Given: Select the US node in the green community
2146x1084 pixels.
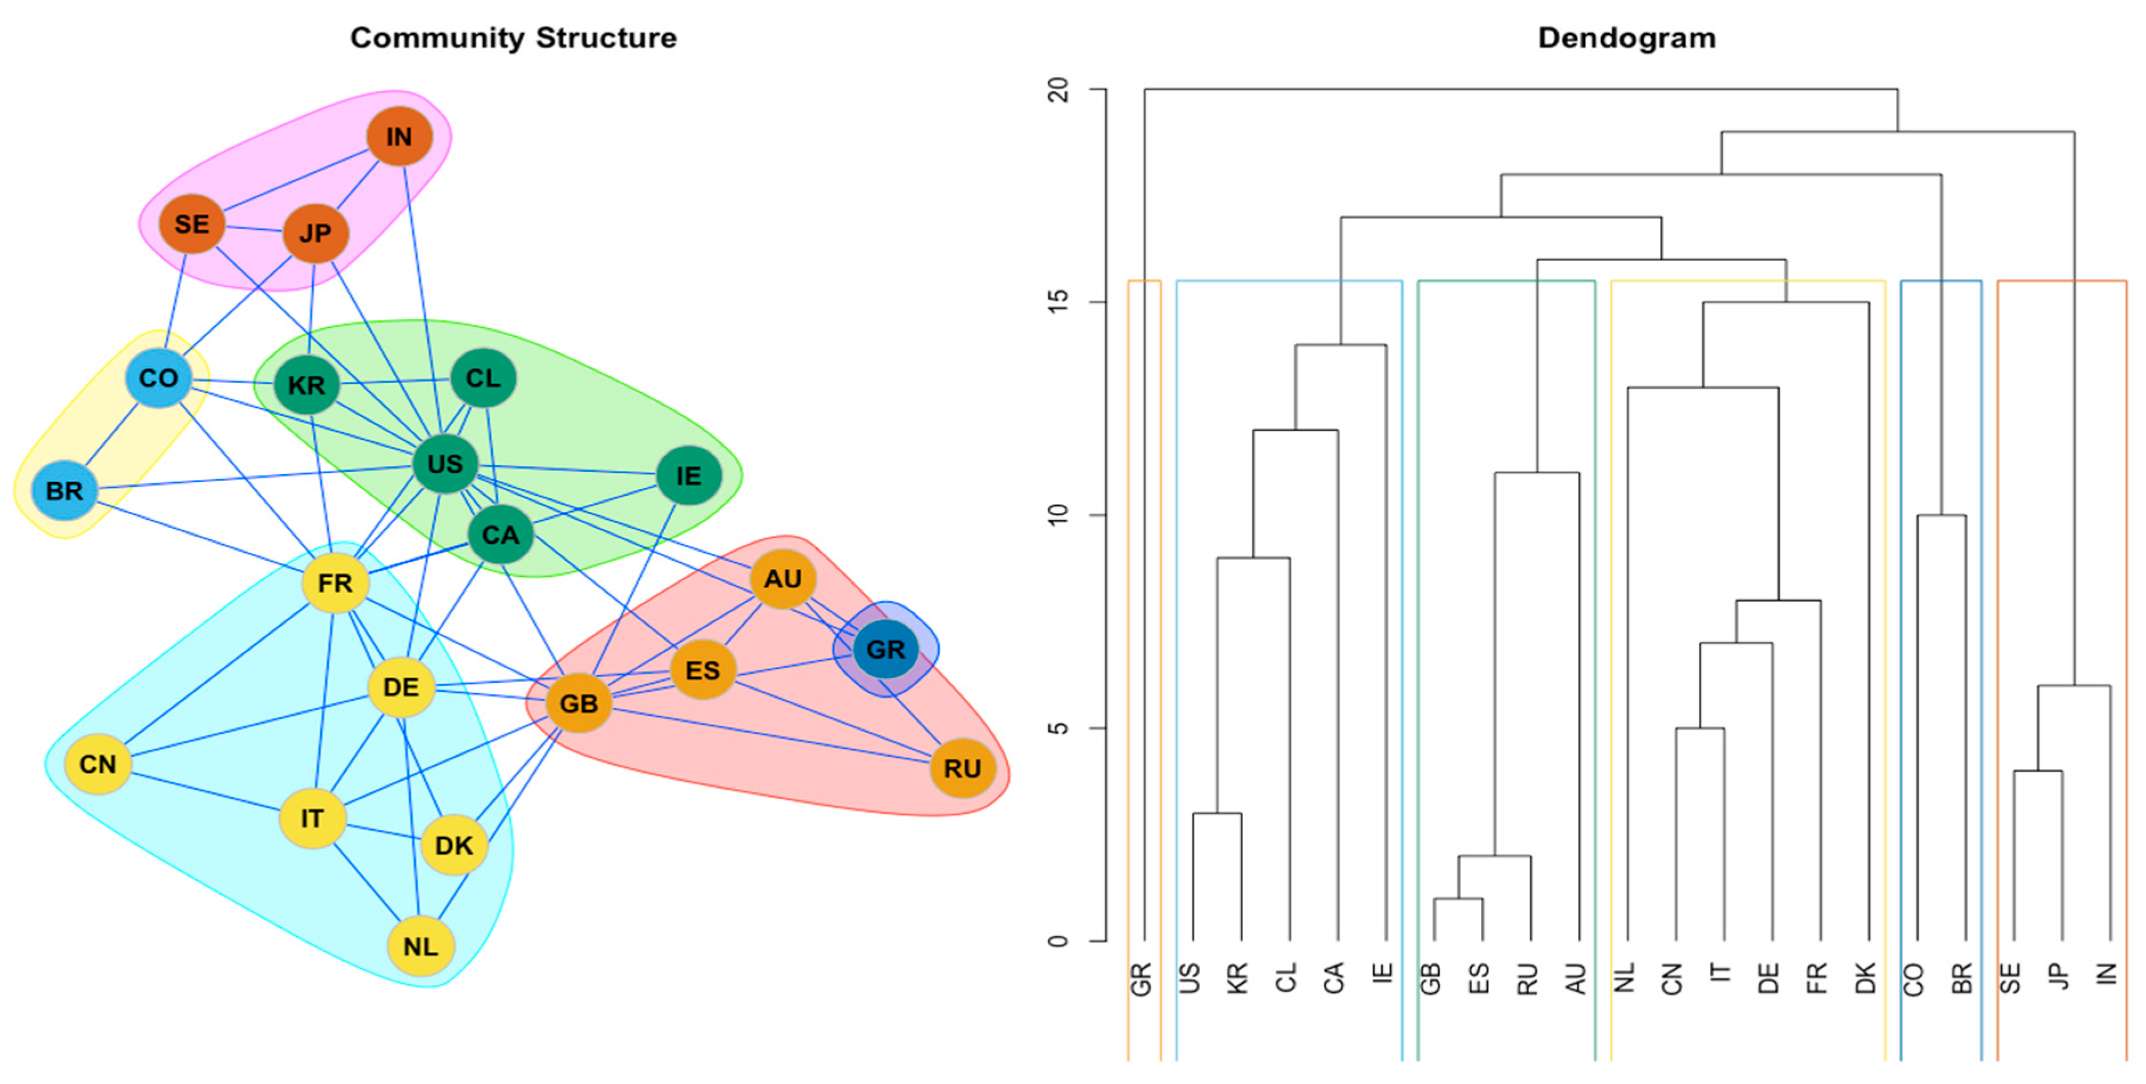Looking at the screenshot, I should coord(445,463).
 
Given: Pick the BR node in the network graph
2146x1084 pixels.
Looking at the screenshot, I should coord(64,490).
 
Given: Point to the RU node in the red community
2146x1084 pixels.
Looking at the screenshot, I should coord(962,767).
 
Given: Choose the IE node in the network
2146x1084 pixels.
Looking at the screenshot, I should coord(688,476).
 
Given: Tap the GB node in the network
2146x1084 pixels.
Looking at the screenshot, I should coord(578,703).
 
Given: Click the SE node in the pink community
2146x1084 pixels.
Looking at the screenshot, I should coord(191,223).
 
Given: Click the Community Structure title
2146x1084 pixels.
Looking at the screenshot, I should coord(513,38).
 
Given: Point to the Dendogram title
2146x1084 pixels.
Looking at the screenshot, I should coord(1626,38).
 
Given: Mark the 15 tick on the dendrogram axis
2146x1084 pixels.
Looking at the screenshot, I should coord(1058,301).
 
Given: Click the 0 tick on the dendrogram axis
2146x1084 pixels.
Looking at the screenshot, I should coord(1058,941).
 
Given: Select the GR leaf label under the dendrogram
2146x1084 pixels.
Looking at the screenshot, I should coord(1141,979).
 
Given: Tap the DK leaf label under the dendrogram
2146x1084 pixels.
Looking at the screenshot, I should coord(1866,979).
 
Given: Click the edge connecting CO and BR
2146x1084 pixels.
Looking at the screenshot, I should coord(112,435).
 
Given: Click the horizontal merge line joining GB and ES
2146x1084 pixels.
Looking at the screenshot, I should coord(1458,898).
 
